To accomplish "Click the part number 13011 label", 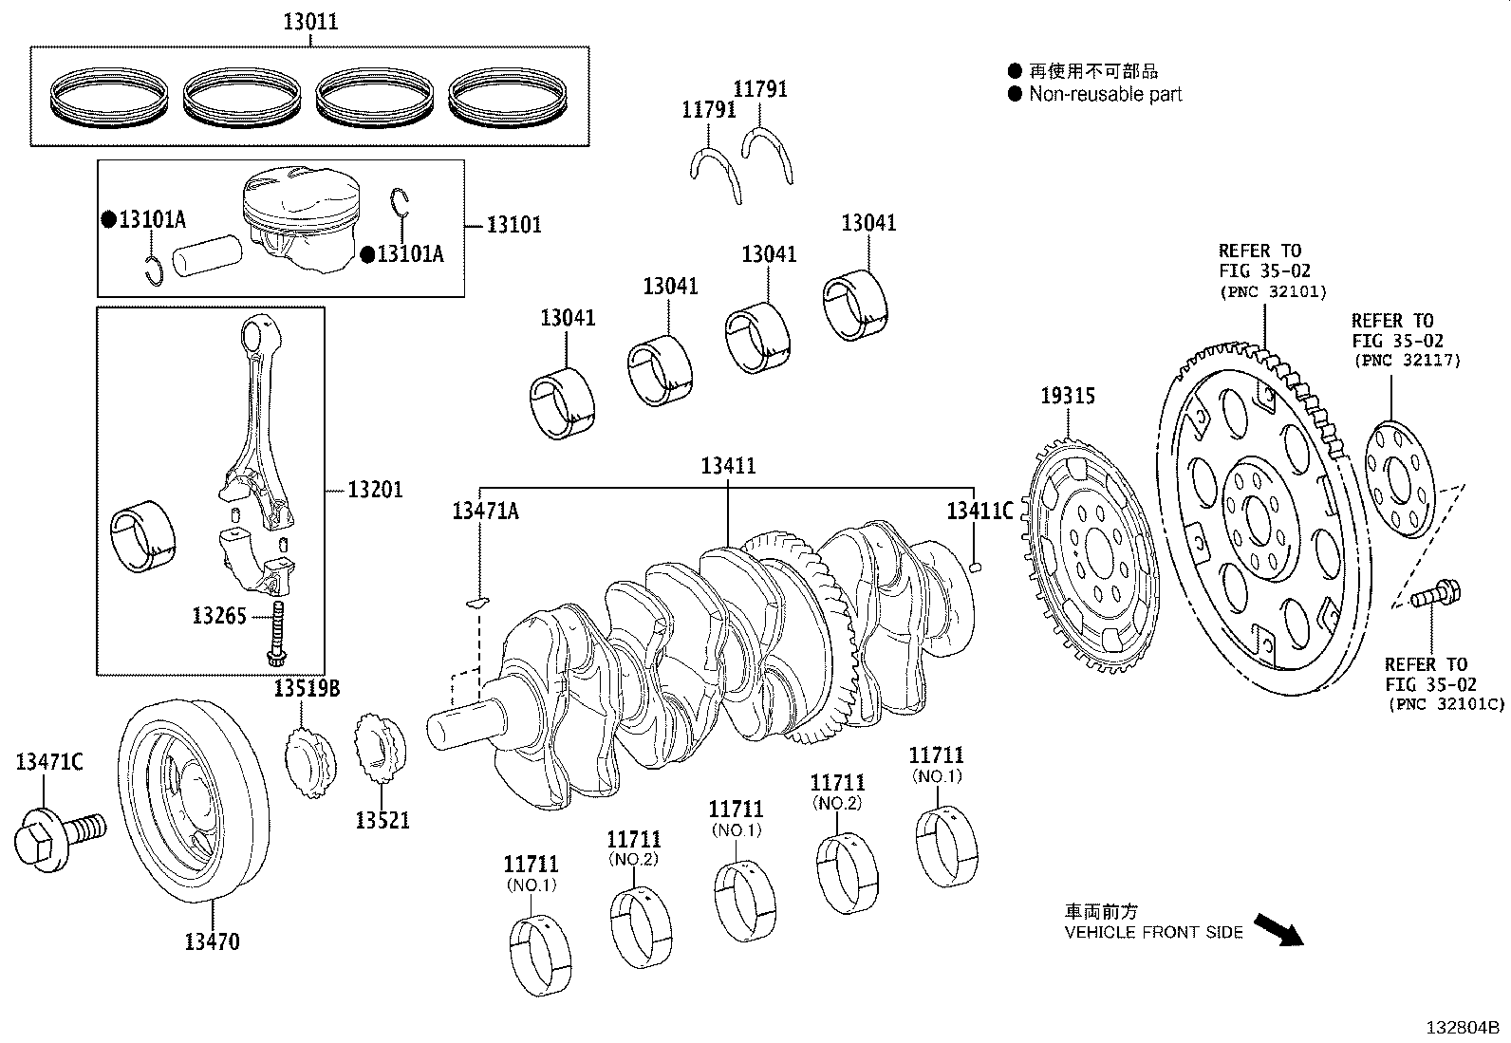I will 309,21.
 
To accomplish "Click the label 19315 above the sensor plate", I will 1067,395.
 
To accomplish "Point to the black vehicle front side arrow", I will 1278,929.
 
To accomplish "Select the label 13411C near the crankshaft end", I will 979,511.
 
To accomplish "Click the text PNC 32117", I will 1407,361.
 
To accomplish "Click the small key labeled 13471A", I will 478,600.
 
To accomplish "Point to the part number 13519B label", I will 307,688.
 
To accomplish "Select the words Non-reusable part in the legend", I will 1105,94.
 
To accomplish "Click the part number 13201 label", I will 375,490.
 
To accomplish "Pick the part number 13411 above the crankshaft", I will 728,466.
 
